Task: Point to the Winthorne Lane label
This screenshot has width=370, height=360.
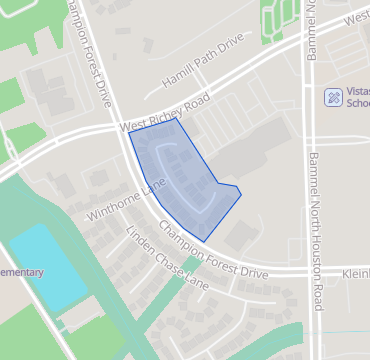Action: (125, 202)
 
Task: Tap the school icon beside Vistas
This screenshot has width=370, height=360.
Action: (333, 98)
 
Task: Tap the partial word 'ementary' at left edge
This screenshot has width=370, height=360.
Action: (22, 273)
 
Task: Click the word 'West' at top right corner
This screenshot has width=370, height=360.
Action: (355, 18)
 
